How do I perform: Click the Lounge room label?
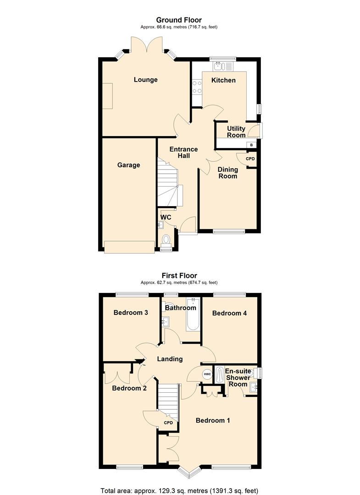click(145, 80)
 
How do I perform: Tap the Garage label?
click(128, 165)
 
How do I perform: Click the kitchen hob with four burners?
click(197, 87)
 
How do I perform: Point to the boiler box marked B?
click(251, 145)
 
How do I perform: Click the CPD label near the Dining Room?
click(250, 159)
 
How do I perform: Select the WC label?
click(166, 217)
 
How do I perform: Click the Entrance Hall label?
click(183, 153)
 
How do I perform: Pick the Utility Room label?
click(236, 132)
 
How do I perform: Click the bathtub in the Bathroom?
click(193, 314)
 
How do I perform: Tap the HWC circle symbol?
click(207, 374)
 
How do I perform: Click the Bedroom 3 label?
click(131, 313)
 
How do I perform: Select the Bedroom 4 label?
click(230, 313)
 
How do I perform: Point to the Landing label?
click(170, 359)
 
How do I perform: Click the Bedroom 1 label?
click(213, 420)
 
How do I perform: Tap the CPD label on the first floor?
click(168, 423)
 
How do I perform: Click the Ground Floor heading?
click(179, 20)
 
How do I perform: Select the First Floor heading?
click(179, 275)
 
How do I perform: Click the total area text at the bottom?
click(179, 490)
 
